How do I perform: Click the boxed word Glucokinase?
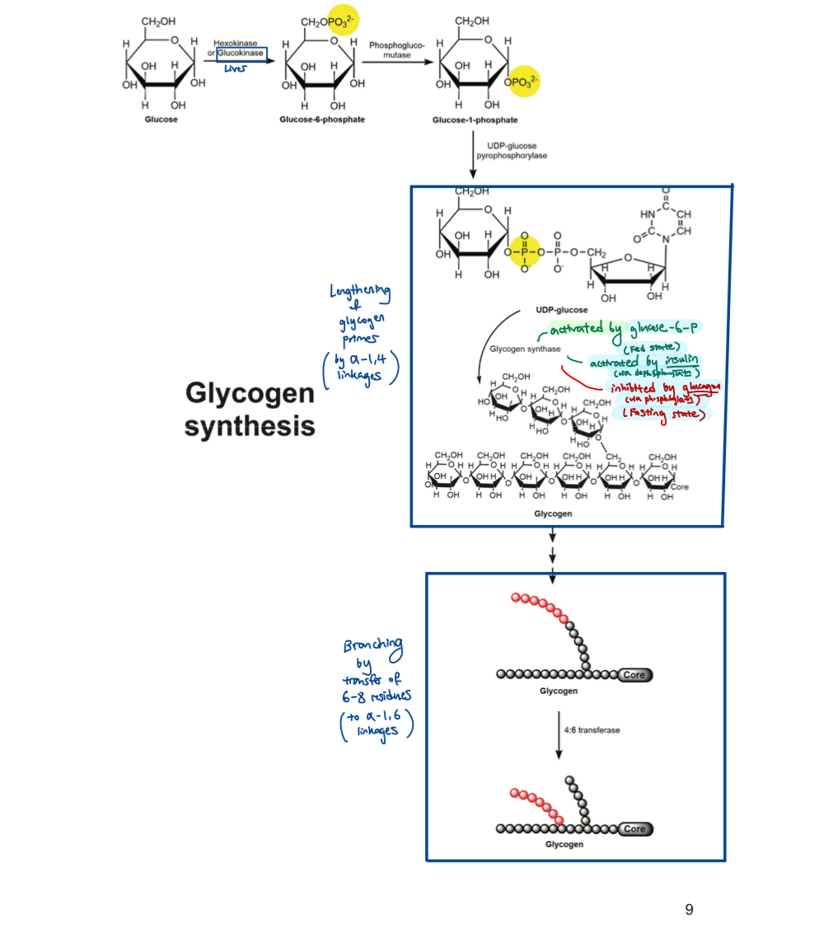pos(241,53)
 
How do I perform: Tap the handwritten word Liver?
pos(235,69)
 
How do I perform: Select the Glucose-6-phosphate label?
pos(322,119)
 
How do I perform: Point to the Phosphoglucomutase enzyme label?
pos(396,49)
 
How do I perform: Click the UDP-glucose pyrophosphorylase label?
pos(512,151)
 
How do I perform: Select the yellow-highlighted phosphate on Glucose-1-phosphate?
pos(524,82)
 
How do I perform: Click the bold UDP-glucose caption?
pos(561,310)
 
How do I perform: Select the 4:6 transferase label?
pos(592,730)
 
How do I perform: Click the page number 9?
pos(689,910)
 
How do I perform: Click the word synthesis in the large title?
pos(249,427)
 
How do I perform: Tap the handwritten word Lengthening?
pos(360,293)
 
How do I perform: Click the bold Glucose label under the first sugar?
pos(161,119)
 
